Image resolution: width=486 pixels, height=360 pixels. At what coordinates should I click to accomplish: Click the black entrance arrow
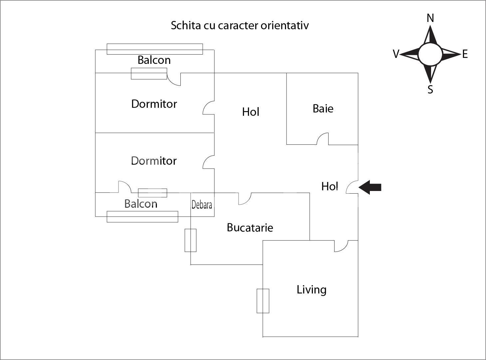pyautogui.click(x=370, y=187)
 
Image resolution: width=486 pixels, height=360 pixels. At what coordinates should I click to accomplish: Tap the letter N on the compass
pyautogui.click(x=430, y=18)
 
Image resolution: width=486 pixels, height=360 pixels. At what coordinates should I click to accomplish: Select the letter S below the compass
pyautogui.click(x=430, y=90)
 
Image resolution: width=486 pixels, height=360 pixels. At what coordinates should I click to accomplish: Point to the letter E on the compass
pyautogui.click(x=465, y=54)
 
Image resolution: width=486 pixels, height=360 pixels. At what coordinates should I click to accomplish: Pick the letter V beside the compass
pyautogui.click(x=396, y=54)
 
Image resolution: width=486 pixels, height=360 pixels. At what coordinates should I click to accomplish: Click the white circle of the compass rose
pyautogui.click(x=430, y=54)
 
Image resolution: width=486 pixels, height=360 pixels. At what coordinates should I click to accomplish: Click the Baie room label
pyautogui.click(x=323, y=108)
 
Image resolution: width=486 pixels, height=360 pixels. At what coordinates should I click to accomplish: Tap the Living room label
pyautogui.click(x=312, y=289)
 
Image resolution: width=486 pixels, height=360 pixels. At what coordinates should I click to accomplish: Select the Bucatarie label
pyautogui.click(x=250, y=228)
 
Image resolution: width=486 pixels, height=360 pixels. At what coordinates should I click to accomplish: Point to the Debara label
pyautogui.click(x=202, y=205)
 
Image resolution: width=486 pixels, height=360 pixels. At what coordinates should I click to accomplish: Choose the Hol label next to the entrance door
pyautogui.click(x=330, y=186)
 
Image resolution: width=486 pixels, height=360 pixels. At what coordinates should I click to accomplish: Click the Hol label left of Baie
pyautogui.click(x=251, y=112)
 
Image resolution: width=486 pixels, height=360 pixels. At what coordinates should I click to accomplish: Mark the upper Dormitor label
pyautogui.click(x=154, y=104)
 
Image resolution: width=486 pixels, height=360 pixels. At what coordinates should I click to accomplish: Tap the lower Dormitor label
pyautogui.click(x=154, y=161)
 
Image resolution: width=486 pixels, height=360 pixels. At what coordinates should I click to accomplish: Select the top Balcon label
pyautogui.click(x=154, y=60)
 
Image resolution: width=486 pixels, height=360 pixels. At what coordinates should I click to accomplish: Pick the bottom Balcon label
pyautogui.click(x=140, y=204)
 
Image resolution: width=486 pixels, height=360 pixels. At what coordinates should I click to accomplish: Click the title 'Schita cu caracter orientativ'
pyautogui.click(x=240, y=25)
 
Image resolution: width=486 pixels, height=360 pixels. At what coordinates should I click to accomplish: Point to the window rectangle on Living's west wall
pyautogui.click(x=263, y=301)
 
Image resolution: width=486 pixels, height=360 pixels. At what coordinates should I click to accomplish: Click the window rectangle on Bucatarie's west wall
pyautogui.click(x=190, y=240)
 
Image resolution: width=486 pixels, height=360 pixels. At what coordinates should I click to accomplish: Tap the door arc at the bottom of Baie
pyautogui.click(x=322, y=139)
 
